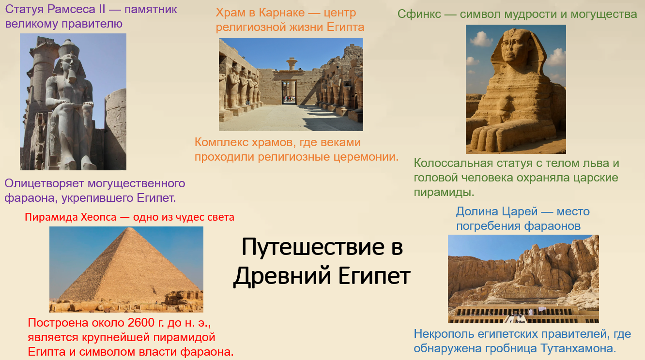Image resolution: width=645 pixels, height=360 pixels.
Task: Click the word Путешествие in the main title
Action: [x=312, y=247]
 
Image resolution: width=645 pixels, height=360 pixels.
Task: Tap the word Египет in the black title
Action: [x=374, y=275]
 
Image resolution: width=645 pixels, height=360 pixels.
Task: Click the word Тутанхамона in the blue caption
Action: [x=578, y=348]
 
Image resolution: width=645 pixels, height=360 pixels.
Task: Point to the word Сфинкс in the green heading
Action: [x=419, y=14]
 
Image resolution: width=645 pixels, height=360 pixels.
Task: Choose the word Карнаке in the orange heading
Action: [x=282, y=13]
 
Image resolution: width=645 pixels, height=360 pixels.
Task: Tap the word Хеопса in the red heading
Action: [x=98, y=217]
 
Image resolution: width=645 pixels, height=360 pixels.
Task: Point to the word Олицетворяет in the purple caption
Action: [x=44, y=183]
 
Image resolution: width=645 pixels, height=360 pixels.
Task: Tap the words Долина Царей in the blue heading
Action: [x=497, y=211]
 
